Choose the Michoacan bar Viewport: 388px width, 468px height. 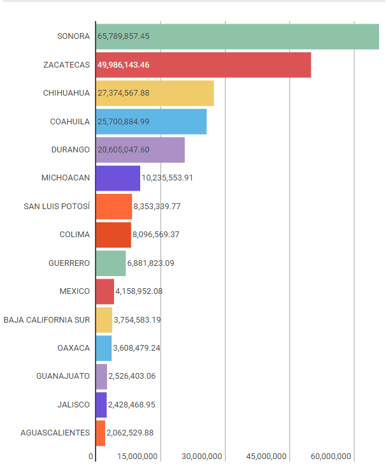[118, 178]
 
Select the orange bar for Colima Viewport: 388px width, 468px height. [113, 235]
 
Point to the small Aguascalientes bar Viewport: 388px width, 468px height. [101, 433]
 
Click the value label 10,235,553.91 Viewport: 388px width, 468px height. [167, 178]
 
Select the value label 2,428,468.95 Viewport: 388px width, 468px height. [132, 405]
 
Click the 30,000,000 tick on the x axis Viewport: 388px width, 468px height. [201, 457]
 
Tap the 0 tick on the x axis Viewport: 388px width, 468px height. [91, 457]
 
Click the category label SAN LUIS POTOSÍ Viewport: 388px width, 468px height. [57, 206]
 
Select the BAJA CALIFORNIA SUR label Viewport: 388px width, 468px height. [47, 319]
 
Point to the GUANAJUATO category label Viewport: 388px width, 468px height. [63, 376]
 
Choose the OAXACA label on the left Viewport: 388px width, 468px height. [73, 348]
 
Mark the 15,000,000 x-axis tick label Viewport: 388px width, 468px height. [137, 457]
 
